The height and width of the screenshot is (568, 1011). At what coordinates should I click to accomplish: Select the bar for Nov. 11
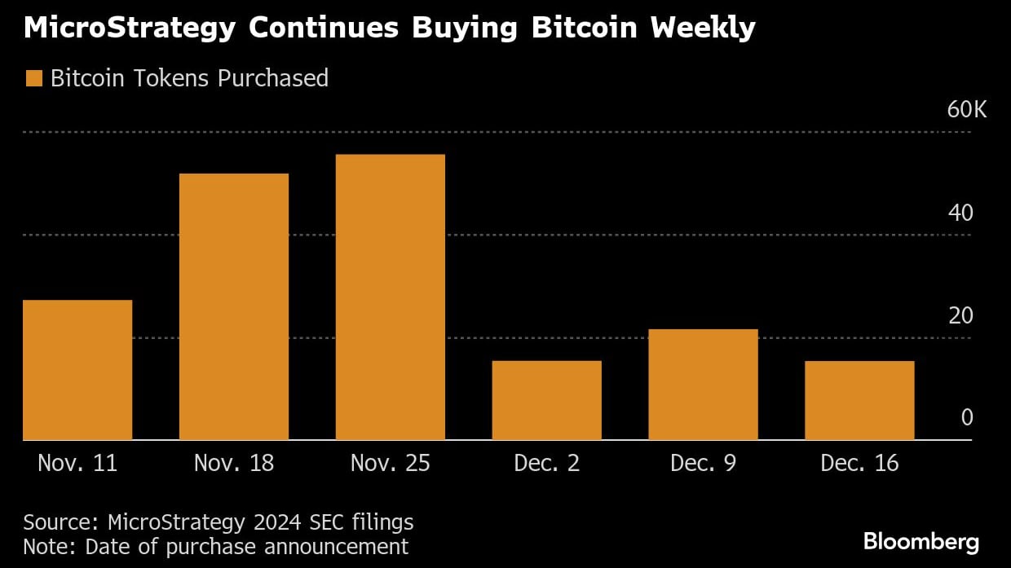coord(77,370)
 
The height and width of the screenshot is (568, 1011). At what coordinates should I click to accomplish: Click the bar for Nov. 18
coord(234,306)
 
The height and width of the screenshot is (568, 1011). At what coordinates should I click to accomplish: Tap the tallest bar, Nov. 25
coord(391,297)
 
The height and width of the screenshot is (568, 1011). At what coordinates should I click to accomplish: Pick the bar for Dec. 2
coord(547,400)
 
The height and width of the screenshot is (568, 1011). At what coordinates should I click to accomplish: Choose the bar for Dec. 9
coord(704,385)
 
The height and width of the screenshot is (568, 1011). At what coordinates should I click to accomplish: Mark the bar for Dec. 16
coord(859,400)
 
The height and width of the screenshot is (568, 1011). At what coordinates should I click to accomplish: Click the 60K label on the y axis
coord(967,110)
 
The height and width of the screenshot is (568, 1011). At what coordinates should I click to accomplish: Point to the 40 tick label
coord(961,213)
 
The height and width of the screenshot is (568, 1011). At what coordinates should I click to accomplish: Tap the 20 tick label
coord(961,315)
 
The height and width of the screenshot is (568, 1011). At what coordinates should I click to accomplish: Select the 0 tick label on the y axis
coord(968,418)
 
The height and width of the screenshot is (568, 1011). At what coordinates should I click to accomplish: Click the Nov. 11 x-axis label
coord(77,464)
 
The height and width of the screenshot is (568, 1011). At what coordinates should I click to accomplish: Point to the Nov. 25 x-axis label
coord(391,464)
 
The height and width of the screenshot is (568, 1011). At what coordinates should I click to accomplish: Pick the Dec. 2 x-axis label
coord(547,464)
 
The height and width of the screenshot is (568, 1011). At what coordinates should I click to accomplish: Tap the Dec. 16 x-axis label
coord(859,464)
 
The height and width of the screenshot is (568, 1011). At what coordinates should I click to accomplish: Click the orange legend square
coord(33,78)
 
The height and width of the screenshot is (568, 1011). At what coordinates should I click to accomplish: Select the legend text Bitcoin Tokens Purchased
coord(189,78)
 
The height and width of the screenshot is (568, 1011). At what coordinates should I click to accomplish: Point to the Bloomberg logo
coord(921,541)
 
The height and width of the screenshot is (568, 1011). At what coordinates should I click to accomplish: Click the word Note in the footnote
coord(42,546)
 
